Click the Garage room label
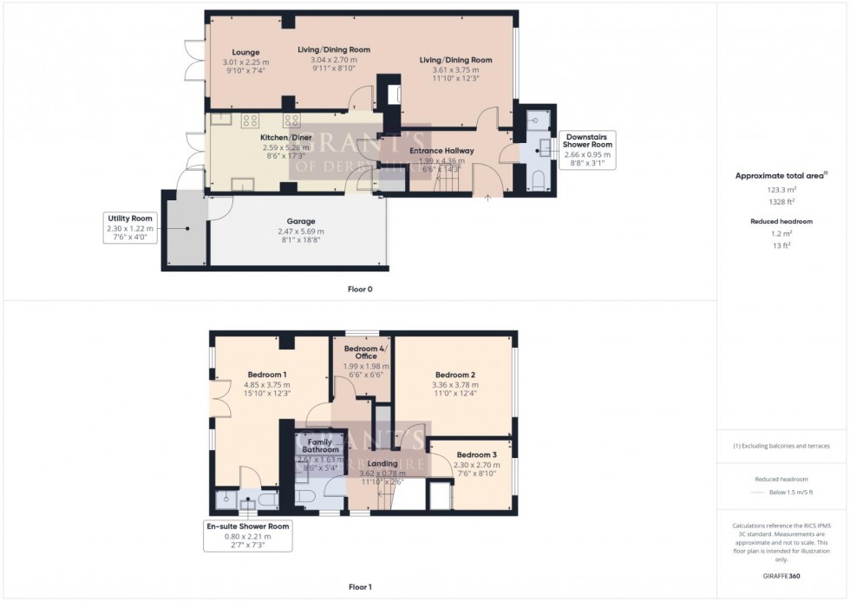(301, 221)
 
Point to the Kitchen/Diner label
(286, 137)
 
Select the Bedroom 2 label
(454, 374)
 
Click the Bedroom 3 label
(476, 454)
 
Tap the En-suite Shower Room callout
(248, 526)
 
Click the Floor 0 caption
(359, 289)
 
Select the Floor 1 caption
(359, 587)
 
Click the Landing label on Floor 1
(382, 464)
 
